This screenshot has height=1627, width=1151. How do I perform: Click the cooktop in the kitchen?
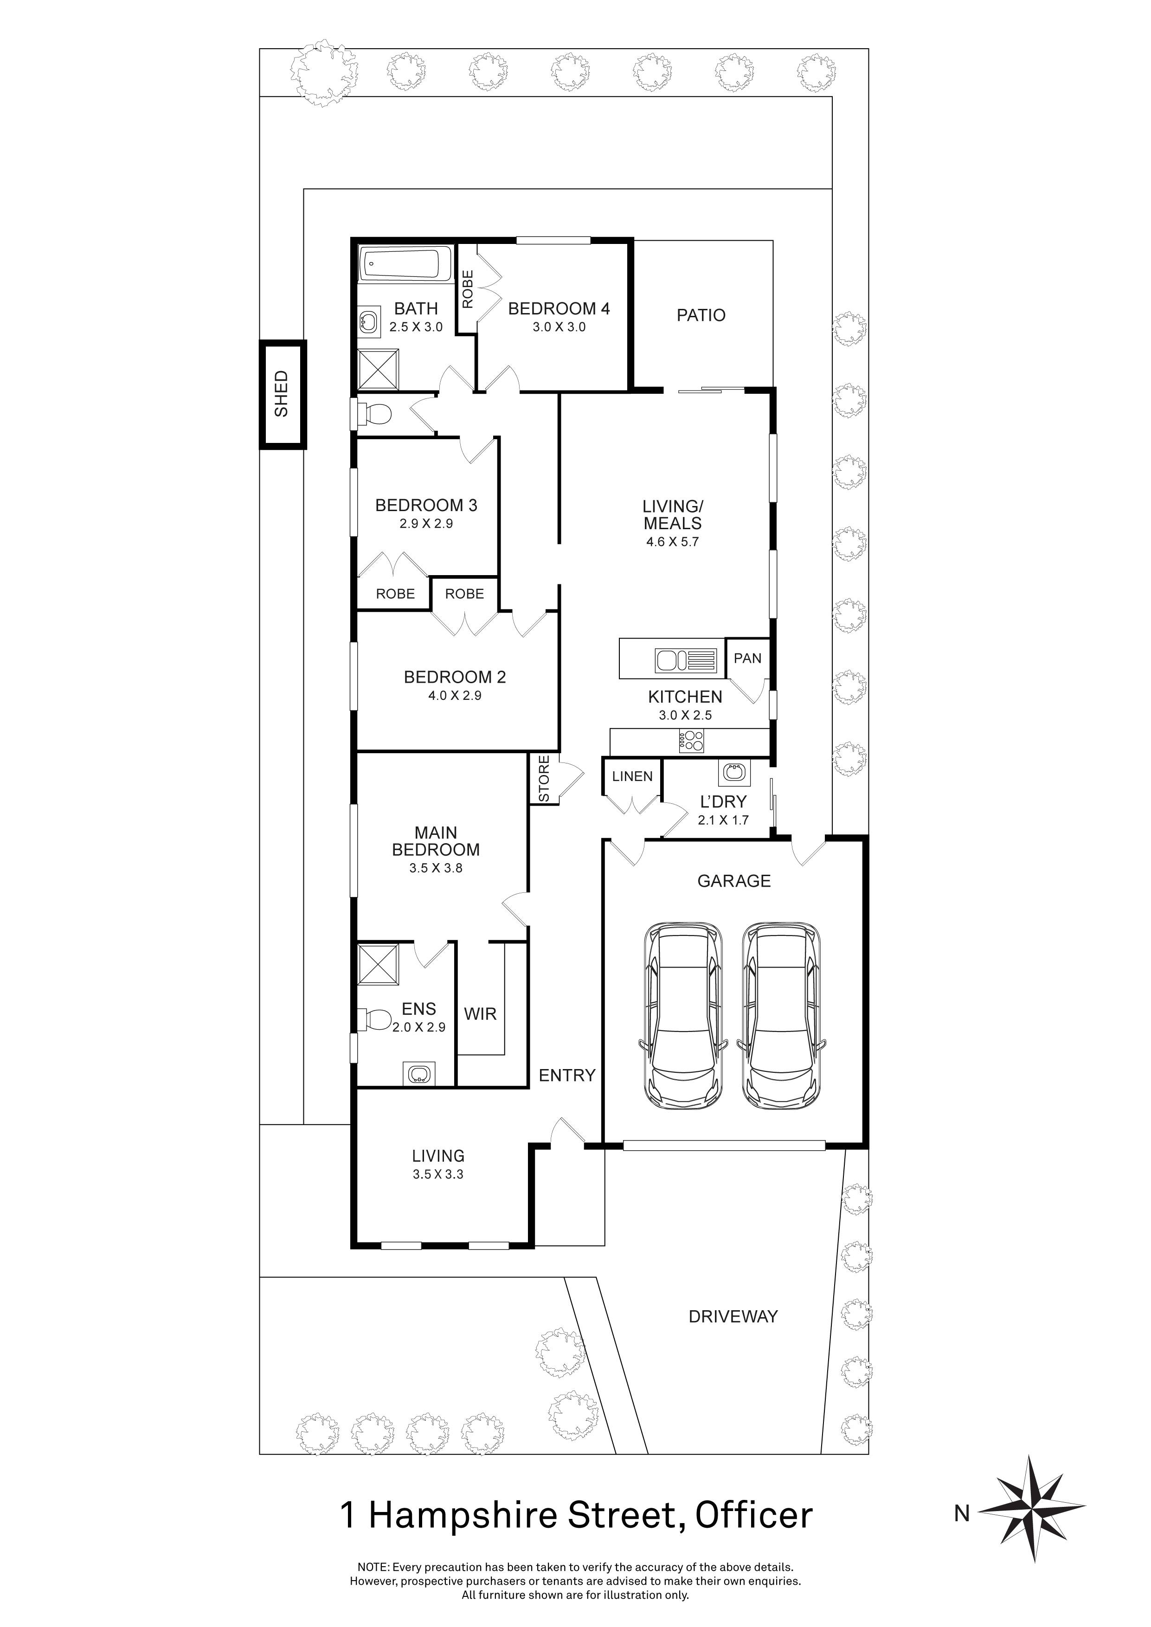(x=692, y=741)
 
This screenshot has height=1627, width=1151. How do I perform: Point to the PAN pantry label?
(x=747, y=658)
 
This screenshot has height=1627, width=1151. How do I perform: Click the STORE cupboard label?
(x=544, y=779)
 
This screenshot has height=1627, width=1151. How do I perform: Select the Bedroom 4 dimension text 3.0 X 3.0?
(x=559, y=327)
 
